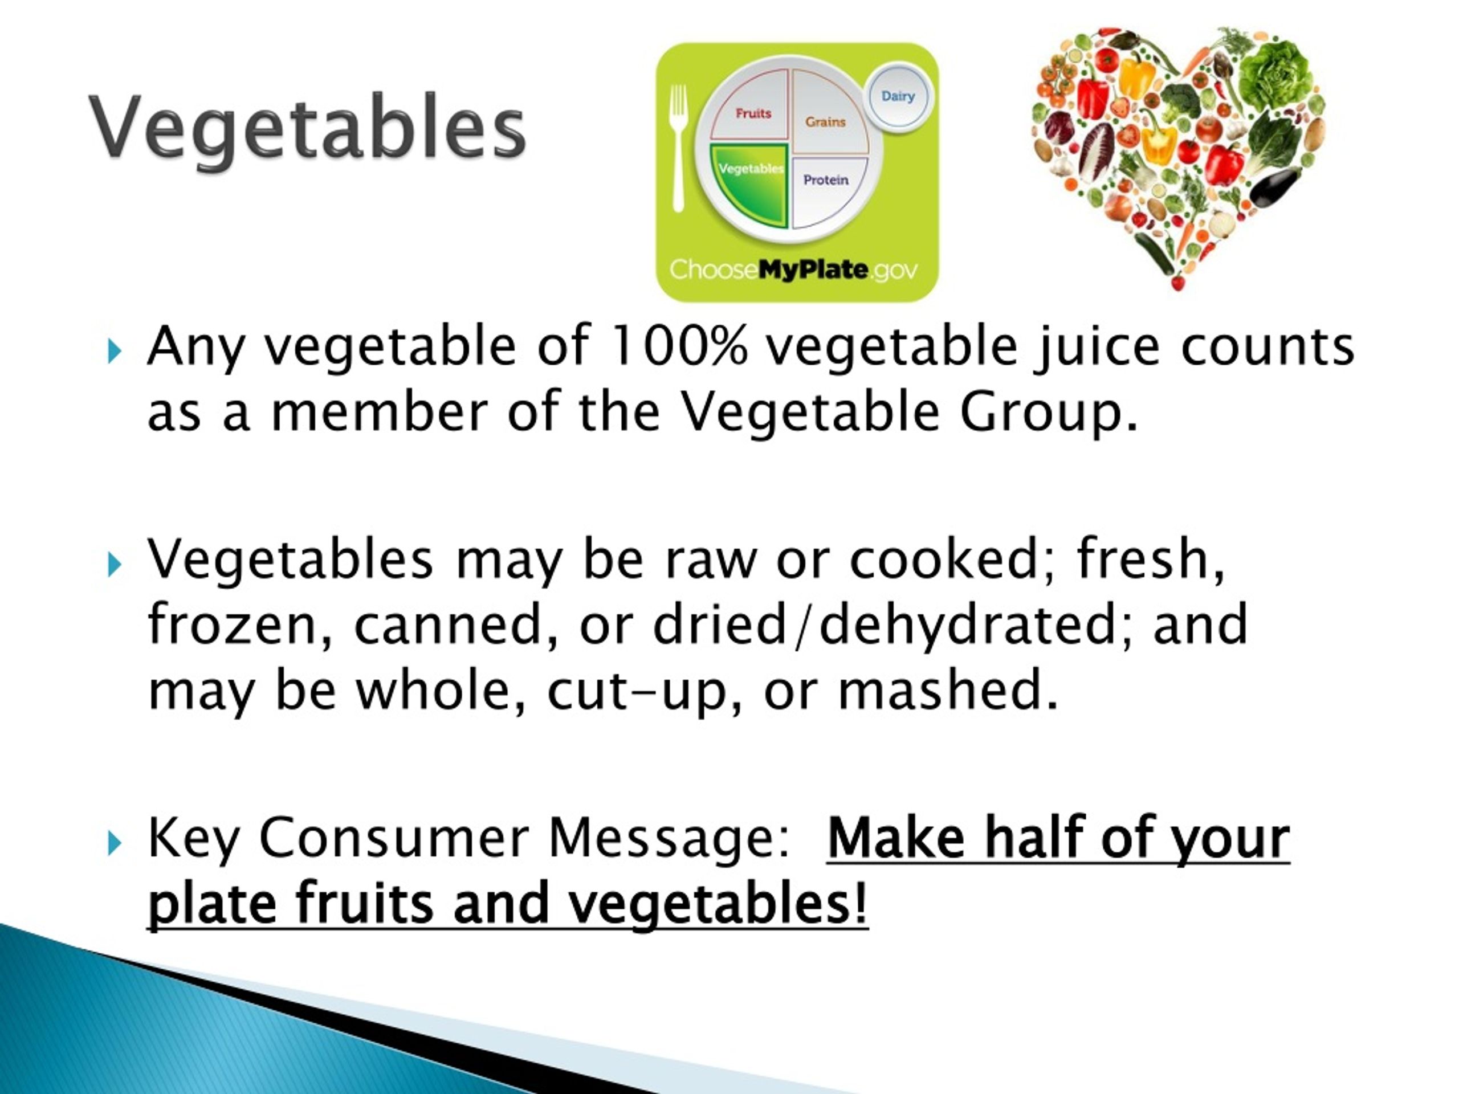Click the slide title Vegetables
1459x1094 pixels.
tap(307, 126)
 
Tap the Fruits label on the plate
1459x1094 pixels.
tap(753, 113)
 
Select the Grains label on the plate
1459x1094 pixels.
tap(825, 122)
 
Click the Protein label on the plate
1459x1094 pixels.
tap(826, 180)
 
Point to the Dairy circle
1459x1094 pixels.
tap(898, 96)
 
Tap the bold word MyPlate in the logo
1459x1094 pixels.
tap(813, 270)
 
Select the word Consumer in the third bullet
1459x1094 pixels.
tap(394, 838)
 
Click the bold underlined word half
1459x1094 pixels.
tap(1034, 838)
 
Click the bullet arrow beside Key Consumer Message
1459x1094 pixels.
tap(115, 843)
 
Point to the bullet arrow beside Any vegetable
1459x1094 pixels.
tap(115, 352)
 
